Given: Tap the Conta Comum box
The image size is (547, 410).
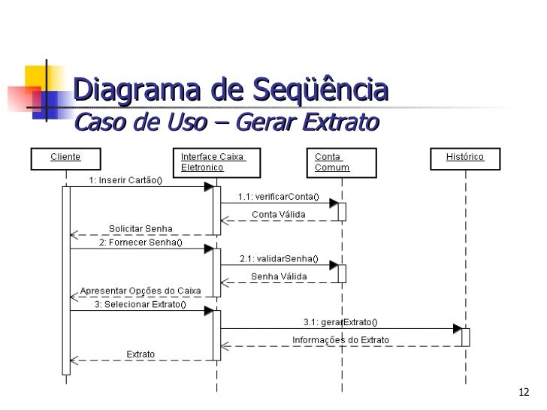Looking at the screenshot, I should (341, 161).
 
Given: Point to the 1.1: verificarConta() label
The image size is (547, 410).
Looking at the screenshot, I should (278, 197).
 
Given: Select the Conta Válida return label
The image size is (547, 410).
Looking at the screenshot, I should (278, 214).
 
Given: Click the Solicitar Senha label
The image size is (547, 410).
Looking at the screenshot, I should (141, 229).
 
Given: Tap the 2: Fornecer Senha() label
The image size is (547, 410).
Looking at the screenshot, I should (140, 243).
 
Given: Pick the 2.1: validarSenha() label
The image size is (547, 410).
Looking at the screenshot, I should (279, 259).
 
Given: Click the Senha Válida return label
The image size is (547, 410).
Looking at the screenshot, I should (278, 276).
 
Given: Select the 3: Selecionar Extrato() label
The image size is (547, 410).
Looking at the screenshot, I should (139, 306).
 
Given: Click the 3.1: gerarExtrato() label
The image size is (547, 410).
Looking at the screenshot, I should (340, 322).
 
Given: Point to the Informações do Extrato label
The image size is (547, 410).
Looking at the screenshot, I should (340, 339).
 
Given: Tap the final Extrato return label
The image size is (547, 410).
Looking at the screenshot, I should (141, 354).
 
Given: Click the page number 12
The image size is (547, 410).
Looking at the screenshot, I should (524, 393).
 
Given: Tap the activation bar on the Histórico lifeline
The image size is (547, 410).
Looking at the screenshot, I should (466, 337).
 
